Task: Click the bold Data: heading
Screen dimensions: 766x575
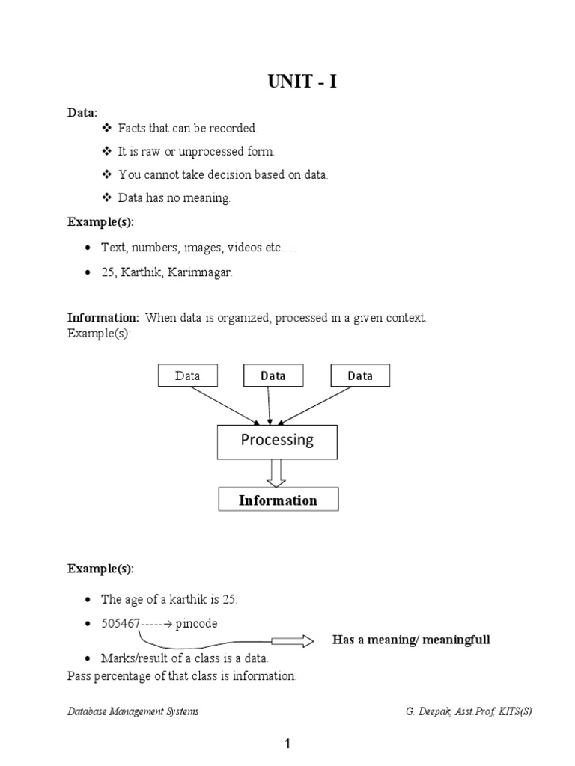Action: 82,112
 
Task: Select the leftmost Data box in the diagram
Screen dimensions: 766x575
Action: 187,376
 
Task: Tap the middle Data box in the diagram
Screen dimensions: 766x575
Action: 273,376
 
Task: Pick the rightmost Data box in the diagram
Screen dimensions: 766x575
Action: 360,376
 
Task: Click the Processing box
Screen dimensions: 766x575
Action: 277,441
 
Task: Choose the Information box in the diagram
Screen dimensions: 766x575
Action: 278,500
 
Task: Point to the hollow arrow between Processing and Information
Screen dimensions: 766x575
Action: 277,473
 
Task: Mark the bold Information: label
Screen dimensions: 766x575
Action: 103,318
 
